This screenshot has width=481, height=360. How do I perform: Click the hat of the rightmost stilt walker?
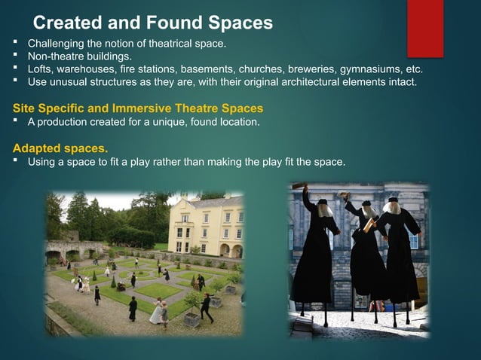tap(393, 199)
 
